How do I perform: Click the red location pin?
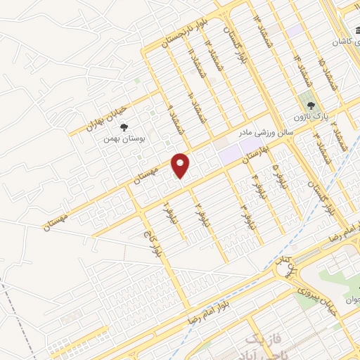coord(181,165)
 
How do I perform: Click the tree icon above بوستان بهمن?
coord(124,127)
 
